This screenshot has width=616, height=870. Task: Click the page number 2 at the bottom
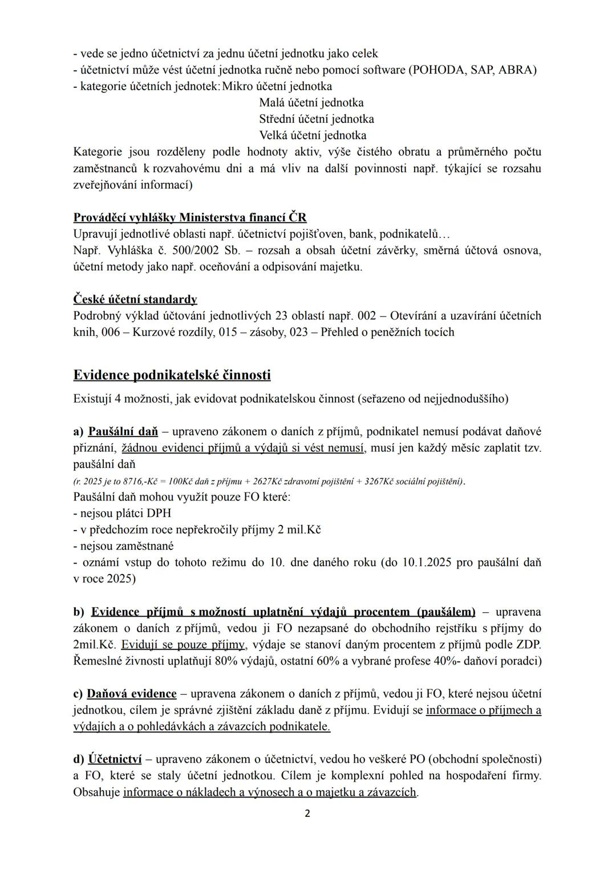coord(307,814)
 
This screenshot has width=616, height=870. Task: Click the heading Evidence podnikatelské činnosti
coord(172,375)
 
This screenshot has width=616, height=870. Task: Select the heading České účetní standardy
coord(135,299)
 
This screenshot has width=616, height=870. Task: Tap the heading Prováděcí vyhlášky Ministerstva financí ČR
coord(189,217)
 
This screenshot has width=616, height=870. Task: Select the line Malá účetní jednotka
coord(311,103)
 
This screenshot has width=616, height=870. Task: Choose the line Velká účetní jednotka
coord(313,135)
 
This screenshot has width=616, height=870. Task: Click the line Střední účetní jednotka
coord(317,119)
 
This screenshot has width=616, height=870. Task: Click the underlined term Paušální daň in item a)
coord(123,431)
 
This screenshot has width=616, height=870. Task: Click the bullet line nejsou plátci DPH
coord(122,513)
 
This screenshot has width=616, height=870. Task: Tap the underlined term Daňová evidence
coord(131,694)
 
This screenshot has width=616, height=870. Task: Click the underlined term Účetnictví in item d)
coord(115,759)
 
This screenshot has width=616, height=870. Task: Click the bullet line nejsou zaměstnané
coord(124,545)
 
